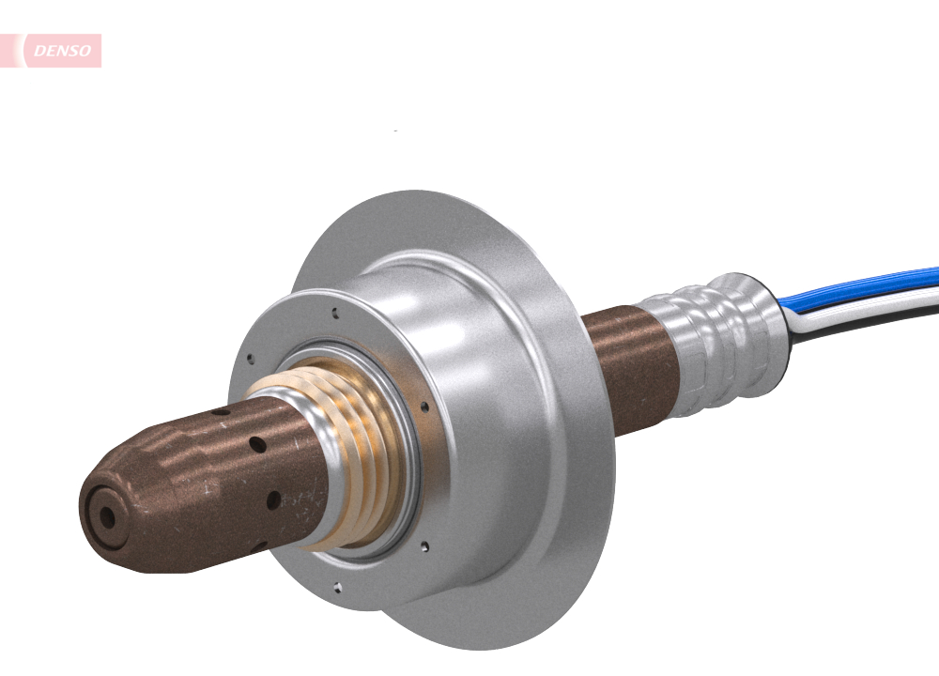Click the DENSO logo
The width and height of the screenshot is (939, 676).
58,51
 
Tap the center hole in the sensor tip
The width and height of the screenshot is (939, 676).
106,516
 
